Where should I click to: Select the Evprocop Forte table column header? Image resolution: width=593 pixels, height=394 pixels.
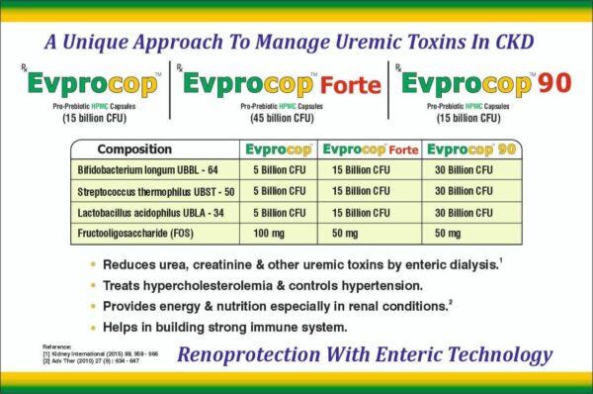tap(370, 149)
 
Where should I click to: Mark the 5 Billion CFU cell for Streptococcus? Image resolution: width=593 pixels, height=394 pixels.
tap(278, 191)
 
